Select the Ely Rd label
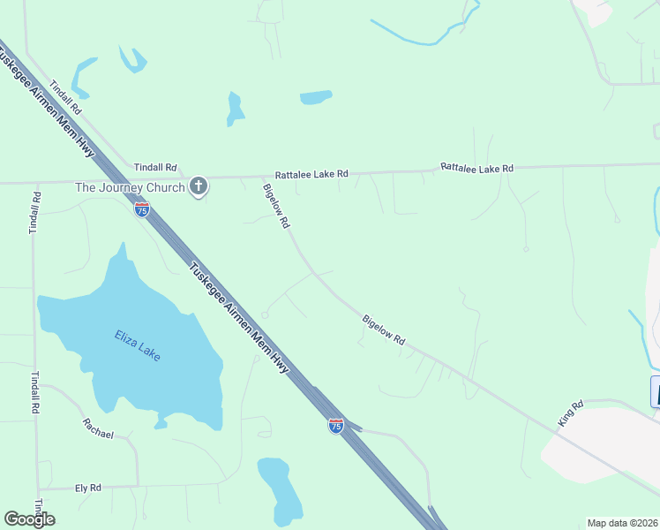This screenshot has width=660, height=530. pyautogui.click(x=88, y=487)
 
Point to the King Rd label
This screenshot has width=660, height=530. pyautogui.click(x=571, y=415)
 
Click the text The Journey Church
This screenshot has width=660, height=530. pyautogui.click(x=130, y=187)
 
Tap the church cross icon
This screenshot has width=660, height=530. pyautogui.click(x=199, y=186)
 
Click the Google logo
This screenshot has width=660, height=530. pyautogui.click(x=29, y=519)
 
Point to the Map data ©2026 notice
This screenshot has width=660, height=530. pyautogui.click(x=622, y=522)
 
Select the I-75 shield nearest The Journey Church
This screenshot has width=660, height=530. pyautogui.click(x=142, y=209)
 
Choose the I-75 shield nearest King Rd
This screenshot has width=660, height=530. pyautogui.click(x=335, y=426)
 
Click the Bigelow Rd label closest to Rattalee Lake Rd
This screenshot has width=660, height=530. pyautogui.click(x=275, y=206)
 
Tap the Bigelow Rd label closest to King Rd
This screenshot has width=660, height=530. pyautogui.click(x=384, y=329)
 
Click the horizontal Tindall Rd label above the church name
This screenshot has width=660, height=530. pyautogui.click(x=155, y=167)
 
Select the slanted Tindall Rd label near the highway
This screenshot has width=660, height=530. pyautogui.click(x=66, y=98)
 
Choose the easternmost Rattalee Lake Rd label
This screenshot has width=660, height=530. pyautogui.click(x=476, y=167)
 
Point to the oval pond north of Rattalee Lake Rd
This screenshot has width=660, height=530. pyautogui.click(x=316, y=97)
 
